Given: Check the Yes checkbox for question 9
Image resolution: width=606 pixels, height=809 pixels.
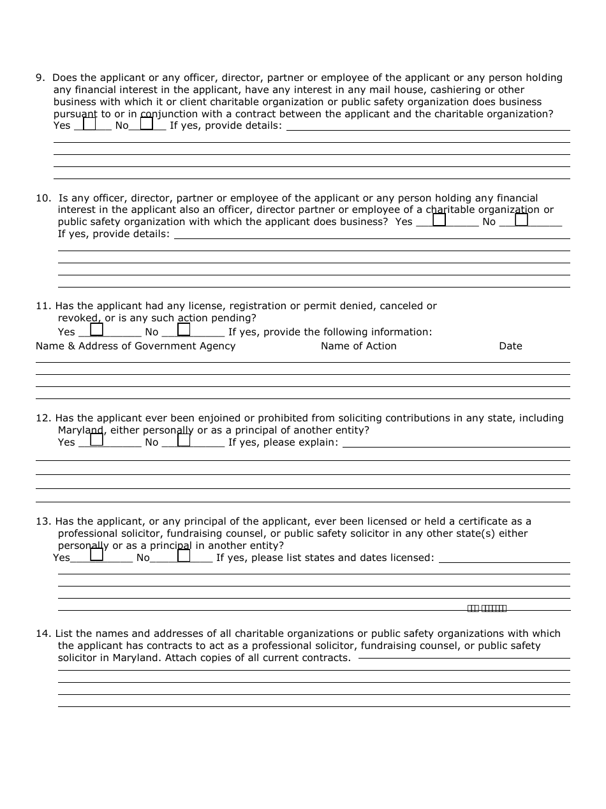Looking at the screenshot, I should pos(89,124).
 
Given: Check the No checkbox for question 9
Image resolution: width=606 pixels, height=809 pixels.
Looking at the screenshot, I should pos(147,124).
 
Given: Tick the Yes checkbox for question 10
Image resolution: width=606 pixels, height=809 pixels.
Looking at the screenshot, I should pos(440,220).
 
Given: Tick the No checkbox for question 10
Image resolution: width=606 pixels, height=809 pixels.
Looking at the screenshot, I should pos(522,220).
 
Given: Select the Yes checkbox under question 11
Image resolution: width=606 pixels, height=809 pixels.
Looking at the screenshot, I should pos(96,330).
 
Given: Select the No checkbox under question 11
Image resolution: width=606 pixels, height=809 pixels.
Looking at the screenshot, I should pos(184,330).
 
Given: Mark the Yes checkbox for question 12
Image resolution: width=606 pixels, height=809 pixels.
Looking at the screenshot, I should pos(96,439).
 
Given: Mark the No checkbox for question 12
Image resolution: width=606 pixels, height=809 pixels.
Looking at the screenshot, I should pos(184,439).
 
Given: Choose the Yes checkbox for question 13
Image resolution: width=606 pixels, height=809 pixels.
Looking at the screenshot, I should pos(96,555).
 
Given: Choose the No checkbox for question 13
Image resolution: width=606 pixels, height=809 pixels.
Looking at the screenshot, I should pos(184,555).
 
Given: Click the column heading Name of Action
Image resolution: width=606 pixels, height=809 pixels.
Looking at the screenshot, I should pos(358,346).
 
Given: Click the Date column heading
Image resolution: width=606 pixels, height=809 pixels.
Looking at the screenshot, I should pos(510,346).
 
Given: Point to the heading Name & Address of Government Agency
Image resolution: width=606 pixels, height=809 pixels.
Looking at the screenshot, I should pos(136,346).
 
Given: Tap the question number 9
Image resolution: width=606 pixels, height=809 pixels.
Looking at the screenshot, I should pos(40,78).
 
